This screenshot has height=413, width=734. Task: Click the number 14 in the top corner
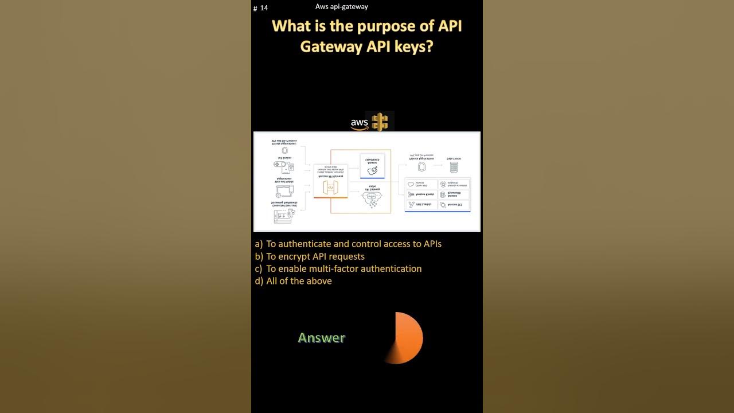(264, 8)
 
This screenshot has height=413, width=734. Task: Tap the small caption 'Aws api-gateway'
(342, 7)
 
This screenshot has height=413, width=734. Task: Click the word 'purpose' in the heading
(387, 26)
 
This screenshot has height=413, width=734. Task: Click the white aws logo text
(360, 123)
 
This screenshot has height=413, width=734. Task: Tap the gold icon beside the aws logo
(380, 122)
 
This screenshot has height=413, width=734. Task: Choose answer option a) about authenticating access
(348, 244)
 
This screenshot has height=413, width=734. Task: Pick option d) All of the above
(294, 281)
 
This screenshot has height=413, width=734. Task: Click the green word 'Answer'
(321, 338)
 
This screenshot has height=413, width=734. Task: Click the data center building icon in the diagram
(454, 167)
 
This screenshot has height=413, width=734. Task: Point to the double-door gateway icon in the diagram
(330, 188)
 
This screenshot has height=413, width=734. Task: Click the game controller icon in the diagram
(280, 165)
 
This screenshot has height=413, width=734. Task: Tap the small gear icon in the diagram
(279, 195)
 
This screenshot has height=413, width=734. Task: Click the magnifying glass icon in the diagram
(373, 170)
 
